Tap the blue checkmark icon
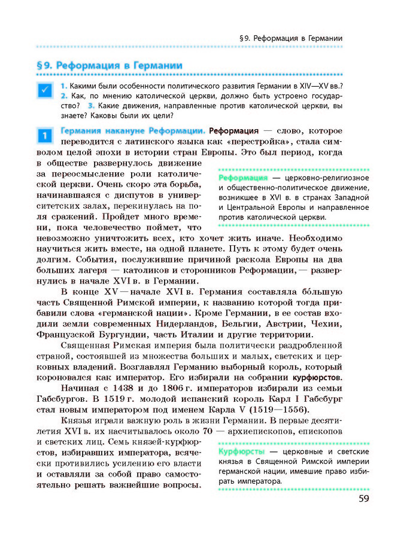45,91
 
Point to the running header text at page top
290,38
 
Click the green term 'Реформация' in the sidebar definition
243,178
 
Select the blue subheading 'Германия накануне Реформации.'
132,130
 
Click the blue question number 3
91,106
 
